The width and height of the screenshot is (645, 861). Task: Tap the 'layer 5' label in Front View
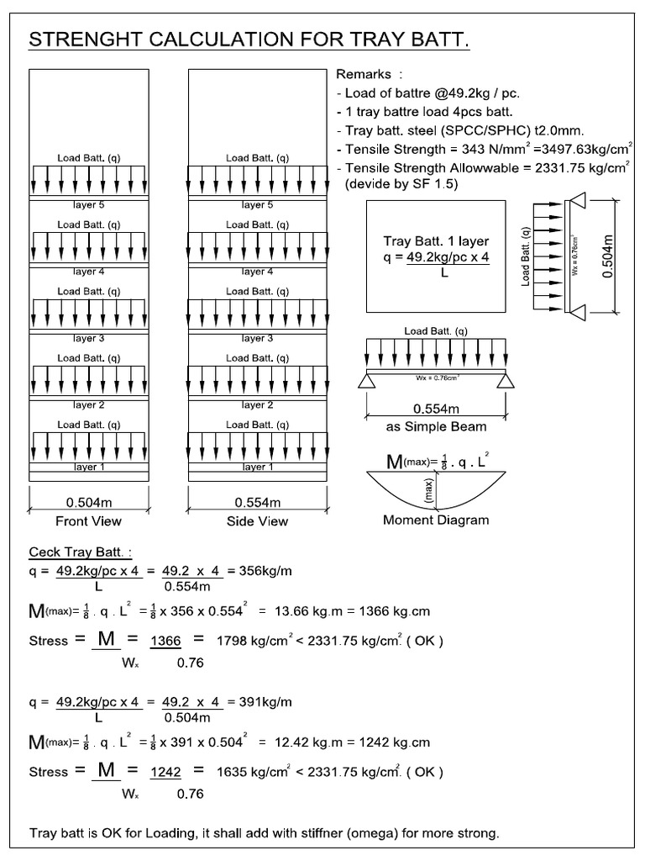pyautogui.click(x=89, y=204)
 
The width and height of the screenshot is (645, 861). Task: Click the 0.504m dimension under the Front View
pyautogui.click(x=89, y=503)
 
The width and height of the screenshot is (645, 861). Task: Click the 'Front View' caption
pyautogui.click(x=89, y=521)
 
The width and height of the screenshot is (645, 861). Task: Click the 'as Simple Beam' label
pyautogui.click(x=436, y=426)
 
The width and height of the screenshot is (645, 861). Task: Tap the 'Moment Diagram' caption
pyautogui.click(x=436, y=520)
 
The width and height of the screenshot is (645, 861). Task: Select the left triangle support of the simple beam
pyautogui.click(x=366, y=381)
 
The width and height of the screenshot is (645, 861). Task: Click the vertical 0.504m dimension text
pyautogui.click(x=609, y=257)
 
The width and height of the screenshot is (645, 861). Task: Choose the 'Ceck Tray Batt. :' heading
pyautogui.click(x=81, y=552)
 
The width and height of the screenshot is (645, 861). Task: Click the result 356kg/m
pyautogui.click(x=265, y=571)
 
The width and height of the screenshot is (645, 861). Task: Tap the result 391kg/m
pyautogui.click(x=265, y=702)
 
